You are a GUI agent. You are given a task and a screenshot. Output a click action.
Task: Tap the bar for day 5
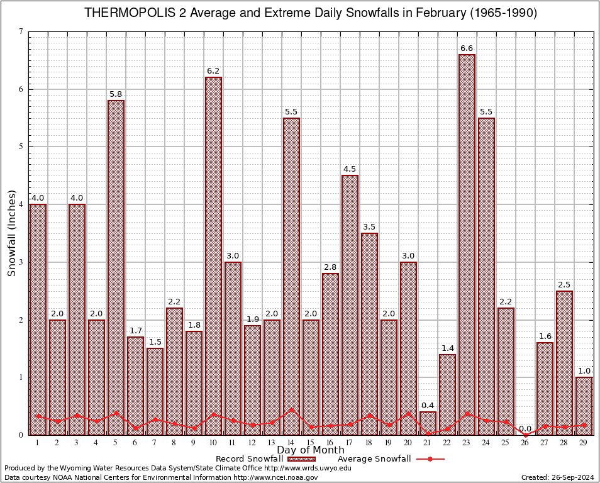(116, 267)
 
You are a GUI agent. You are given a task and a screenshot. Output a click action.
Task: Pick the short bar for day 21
(428, 423)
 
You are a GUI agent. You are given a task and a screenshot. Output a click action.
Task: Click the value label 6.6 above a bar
(467, 48)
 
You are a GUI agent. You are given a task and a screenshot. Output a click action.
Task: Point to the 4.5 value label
(350, 169)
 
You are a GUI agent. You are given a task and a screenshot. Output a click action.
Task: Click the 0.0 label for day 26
(525, 429)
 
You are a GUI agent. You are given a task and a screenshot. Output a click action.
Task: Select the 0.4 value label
(428, 405)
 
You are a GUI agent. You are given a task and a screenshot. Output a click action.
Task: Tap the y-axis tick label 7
(21, 32)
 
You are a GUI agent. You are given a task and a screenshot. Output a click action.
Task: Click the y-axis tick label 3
(21, 262)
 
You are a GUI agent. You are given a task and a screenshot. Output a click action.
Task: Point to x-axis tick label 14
(291, 442)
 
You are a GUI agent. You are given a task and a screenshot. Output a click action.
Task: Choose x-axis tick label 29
(584, 442)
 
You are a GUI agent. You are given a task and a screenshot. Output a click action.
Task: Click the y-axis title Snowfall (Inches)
(12, 233)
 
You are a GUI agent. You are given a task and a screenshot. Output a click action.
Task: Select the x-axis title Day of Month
(310, 450)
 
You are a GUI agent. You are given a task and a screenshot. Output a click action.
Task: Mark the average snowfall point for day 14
(291, 409)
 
